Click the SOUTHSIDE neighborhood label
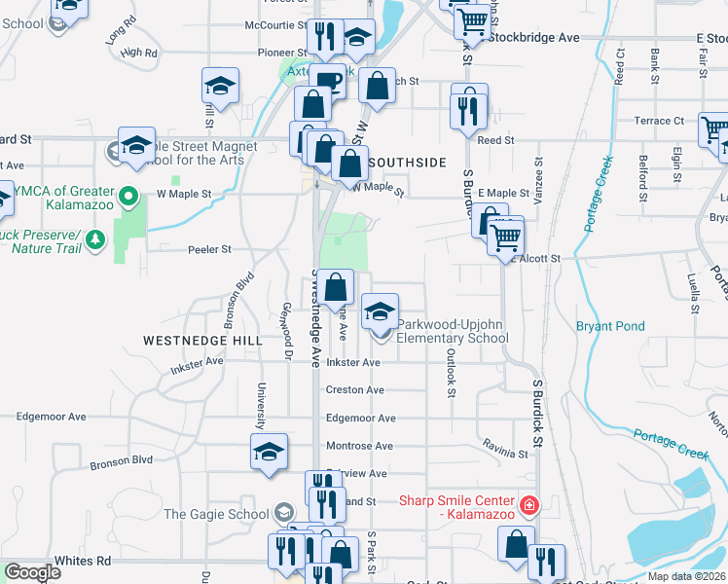(408, 162)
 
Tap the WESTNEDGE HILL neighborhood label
(202, 341)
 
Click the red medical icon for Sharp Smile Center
(528, 505)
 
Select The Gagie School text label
(216, 514)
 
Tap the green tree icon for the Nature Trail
(95, 238)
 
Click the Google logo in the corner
(32, 572)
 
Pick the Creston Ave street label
(354, 389)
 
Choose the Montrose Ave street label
(359, 446)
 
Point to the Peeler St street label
(209, 249)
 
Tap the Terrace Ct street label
(659, 121)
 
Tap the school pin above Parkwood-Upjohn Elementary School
(380, 311)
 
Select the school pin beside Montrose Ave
(270, 453)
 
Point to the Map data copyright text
(687, 576)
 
